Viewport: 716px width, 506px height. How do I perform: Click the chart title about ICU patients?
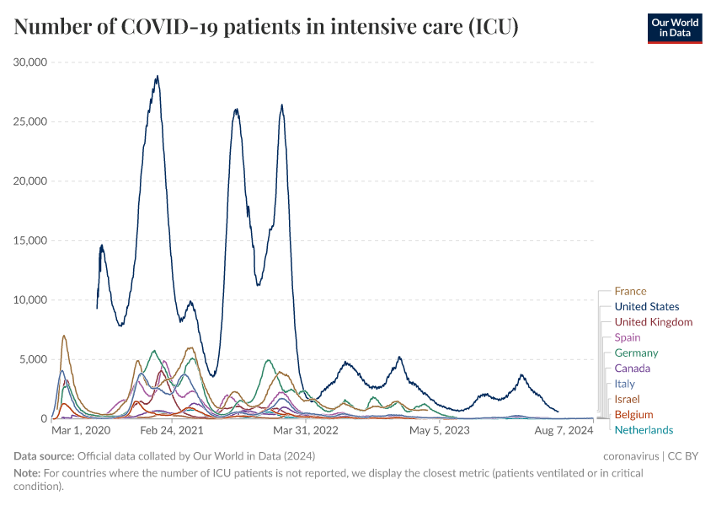pos(266,27)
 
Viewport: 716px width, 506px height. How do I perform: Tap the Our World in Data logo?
pos(674,28)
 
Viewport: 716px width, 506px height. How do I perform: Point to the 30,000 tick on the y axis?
pos(30,62)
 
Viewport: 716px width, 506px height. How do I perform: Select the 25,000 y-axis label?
pos(30,121)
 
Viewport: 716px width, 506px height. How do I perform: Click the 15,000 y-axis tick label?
pos(30,240)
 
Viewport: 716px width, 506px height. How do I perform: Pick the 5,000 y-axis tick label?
pos(34,359)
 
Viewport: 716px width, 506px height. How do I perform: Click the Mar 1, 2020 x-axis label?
pos(81,431)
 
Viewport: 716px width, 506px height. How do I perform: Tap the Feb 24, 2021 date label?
pos(172,431)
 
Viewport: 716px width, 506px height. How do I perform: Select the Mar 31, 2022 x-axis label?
pos(305,431)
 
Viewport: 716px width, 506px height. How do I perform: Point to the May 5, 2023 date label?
pos(439,431)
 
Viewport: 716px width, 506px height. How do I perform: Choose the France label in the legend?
pos(630,292)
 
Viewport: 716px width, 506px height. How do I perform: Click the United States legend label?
pos(646,307)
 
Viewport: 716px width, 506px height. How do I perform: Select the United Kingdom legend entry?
pos(653,322)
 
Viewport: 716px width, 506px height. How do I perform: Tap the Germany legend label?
pos(636,353)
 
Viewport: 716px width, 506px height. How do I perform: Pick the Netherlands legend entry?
pos(644,430)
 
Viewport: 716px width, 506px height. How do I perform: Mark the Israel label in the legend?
pos(627,399)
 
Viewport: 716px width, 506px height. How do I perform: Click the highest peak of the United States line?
pos(157,77)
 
